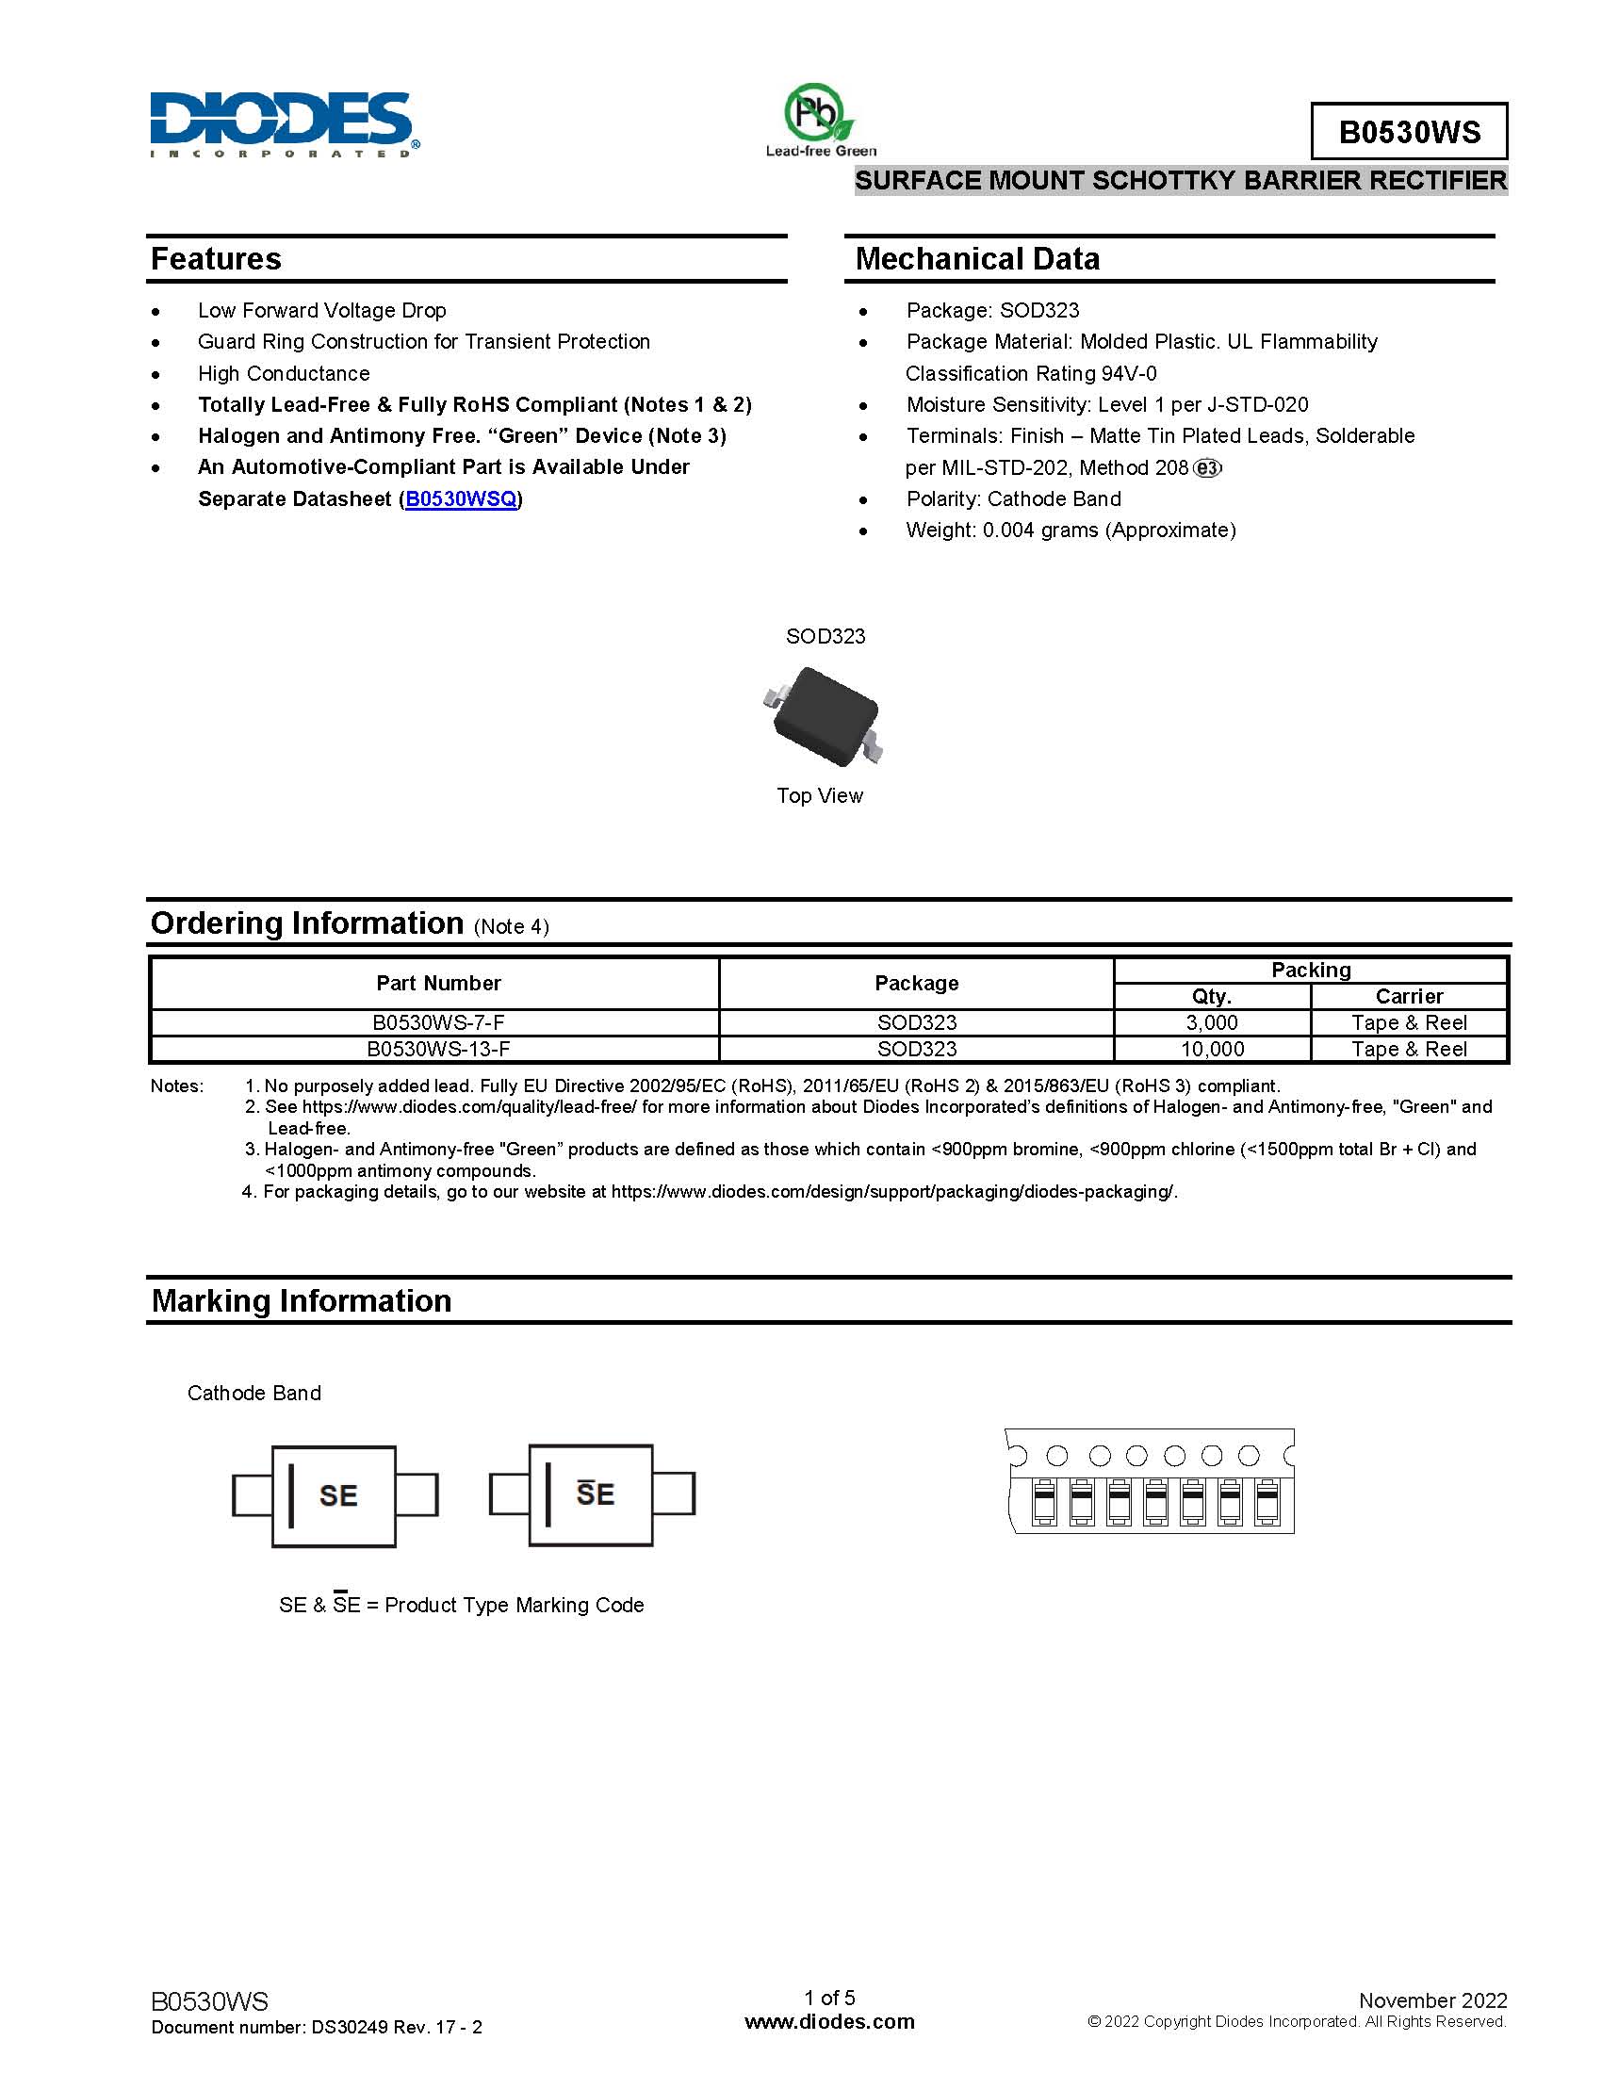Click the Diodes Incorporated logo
coord(283,124)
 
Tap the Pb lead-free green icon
coord(820,120)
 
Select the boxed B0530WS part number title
coord(1409,132)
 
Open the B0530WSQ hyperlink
coord(461,499)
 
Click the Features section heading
coord(217,259)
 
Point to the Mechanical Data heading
coord(976,259)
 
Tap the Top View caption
coord(820,795)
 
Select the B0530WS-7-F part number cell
coord(437,1022)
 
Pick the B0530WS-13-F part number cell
coord(437,1049)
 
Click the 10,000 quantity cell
coord(1212,1049)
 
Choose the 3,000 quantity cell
coord(1212,1022)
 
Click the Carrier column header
coord(1409,996)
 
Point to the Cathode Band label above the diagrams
coord(254,1393)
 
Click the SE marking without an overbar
coord(338,1496)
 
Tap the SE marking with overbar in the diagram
coord(595,1494)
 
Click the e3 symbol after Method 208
coord(1207,468)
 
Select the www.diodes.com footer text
coord(829,2022)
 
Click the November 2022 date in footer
coord(1432,2000)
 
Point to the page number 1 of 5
coord(829,1997)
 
